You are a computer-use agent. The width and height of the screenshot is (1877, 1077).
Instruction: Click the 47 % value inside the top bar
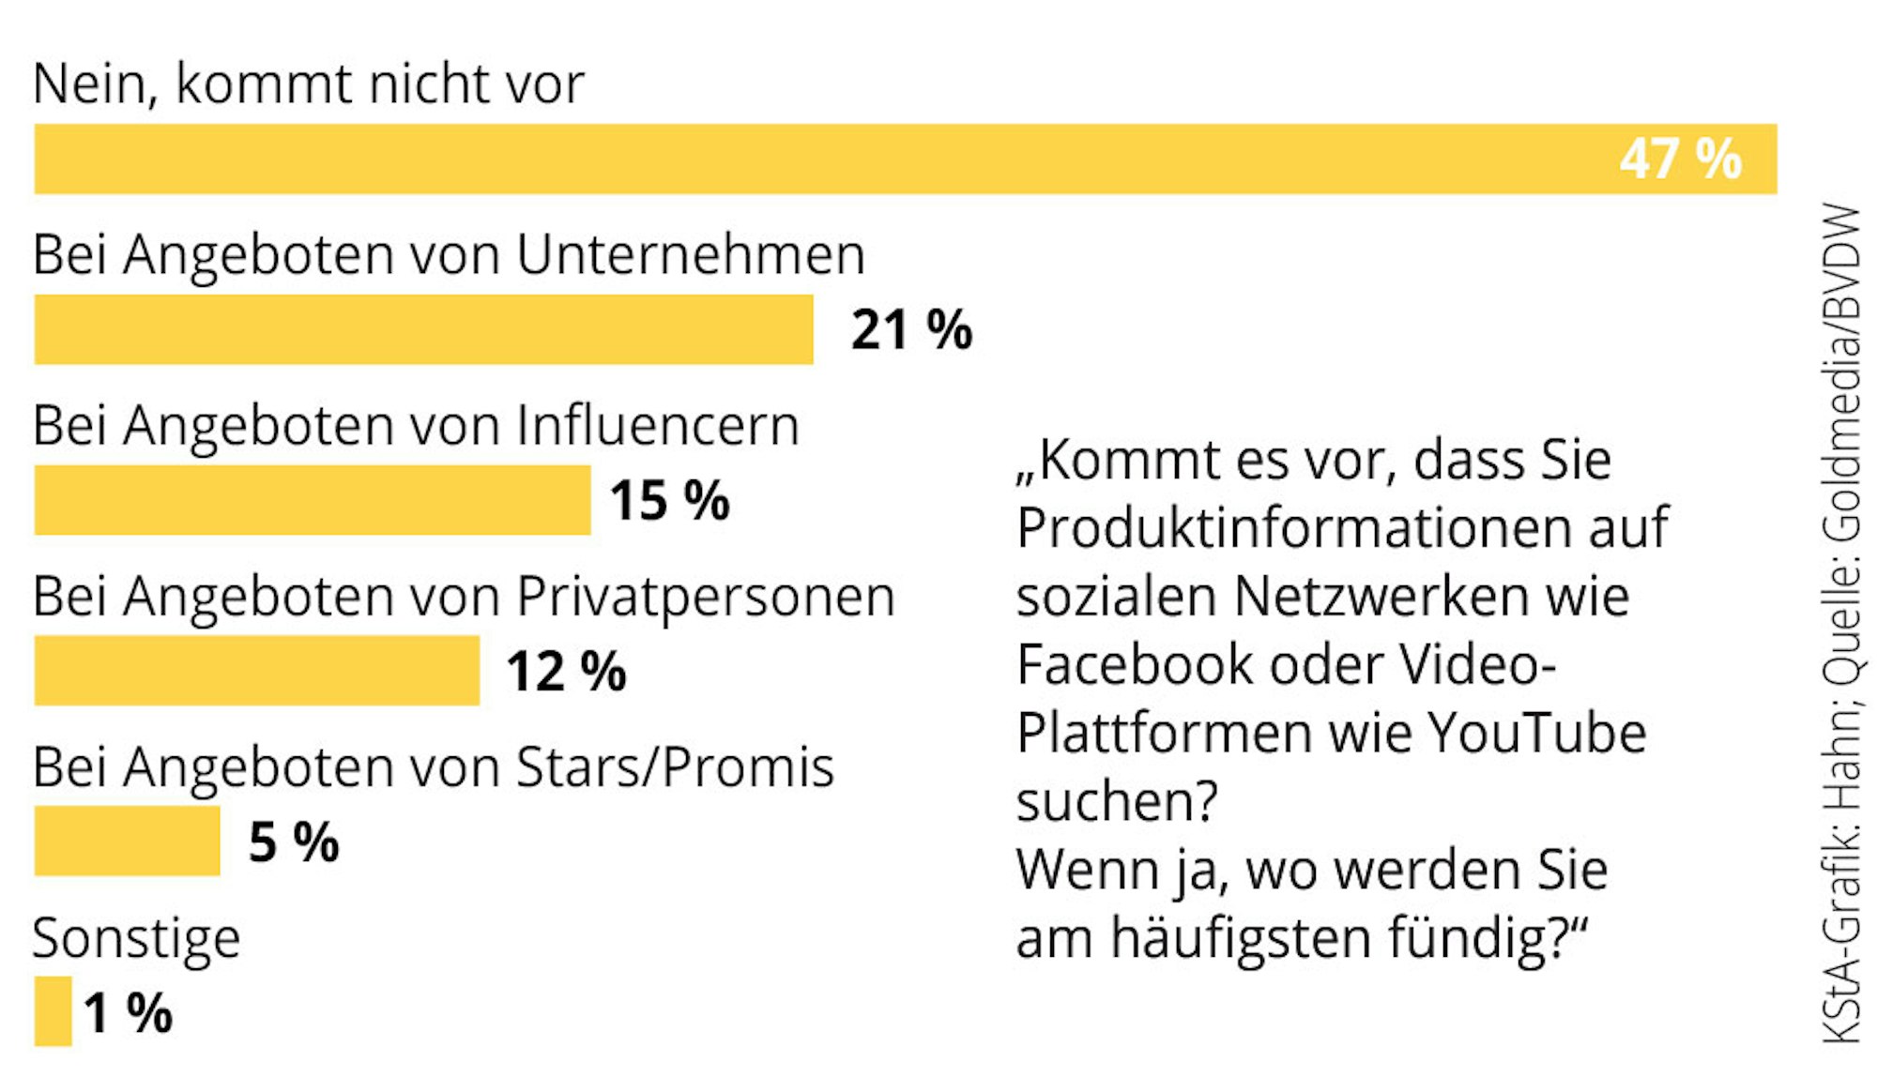point(1680,159)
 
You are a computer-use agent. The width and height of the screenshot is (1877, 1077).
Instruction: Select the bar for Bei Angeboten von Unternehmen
point(423,329)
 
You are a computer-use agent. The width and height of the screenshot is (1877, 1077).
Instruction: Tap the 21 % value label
point(911,329)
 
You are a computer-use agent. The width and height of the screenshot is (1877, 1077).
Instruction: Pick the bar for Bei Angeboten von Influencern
point(313,500)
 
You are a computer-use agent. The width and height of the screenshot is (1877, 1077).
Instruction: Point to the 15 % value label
point(669,500)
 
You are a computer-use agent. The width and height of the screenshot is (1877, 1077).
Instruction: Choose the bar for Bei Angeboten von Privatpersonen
point(256,671)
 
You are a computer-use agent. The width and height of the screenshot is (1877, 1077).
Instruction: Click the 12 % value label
point(566,671)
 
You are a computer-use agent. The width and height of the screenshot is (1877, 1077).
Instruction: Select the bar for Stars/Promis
point(127,841)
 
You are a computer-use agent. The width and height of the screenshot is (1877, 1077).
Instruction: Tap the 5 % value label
point(294,842)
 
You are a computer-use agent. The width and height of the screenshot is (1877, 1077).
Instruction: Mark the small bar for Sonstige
point(53,1011)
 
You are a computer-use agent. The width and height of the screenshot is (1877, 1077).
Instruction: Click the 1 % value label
point(128,1013)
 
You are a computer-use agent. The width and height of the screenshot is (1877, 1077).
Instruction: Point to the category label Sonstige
point(137,938)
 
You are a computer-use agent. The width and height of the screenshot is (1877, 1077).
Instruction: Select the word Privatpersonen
point(706,598)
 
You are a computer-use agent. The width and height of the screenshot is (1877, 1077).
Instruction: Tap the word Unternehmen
point(691,255)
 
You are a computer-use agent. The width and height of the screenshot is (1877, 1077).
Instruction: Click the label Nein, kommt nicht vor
point(308,84)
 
